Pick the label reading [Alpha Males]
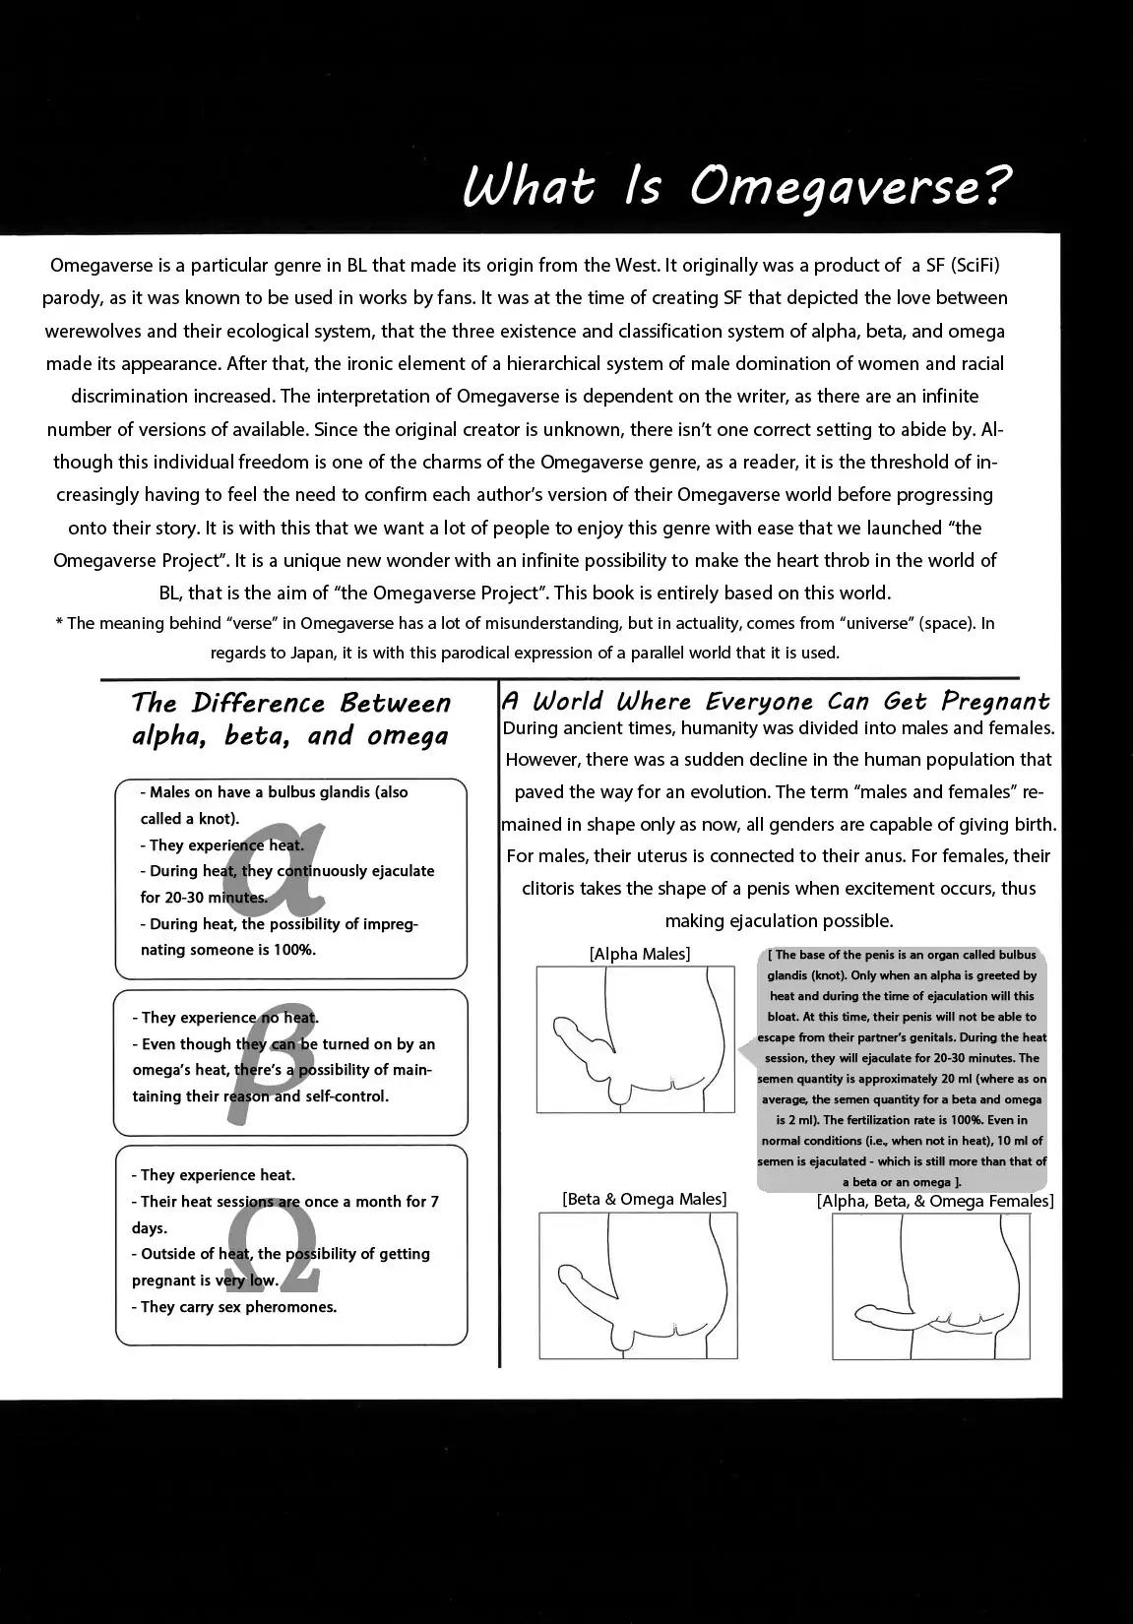[640, 954]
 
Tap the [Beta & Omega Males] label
[645, 1199]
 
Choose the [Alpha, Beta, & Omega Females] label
[935, 1201]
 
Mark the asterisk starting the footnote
[60, 624]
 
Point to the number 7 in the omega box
[434, 1202]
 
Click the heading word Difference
[258, 704]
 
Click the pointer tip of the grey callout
[739, 1053]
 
